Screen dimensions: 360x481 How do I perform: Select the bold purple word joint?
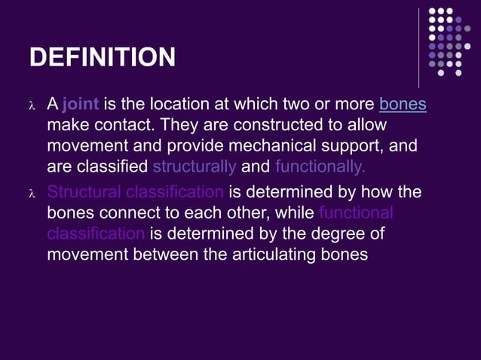pos(81,104)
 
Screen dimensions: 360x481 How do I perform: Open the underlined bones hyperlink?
pos(403,104)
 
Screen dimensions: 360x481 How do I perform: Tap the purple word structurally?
pos(194,166)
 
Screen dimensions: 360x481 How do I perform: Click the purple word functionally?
pos(320,166)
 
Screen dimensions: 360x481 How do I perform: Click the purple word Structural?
pos(83,192)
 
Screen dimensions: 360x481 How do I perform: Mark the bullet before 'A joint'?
pos(32,105)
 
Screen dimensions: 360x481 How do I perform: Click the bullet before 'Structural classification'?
pos(32,194)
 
